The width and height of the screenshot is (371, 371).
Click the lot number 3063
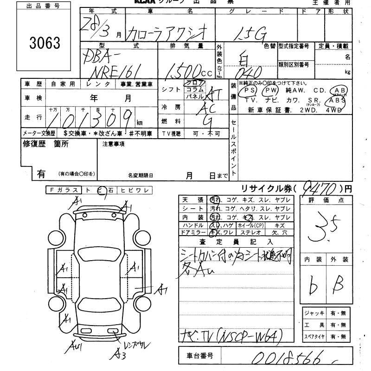[45, 43]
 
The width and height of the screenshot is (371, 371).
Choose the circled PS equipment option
[250, 90]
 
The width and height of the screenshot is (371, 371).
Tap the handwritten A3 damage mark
[120, 355]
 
